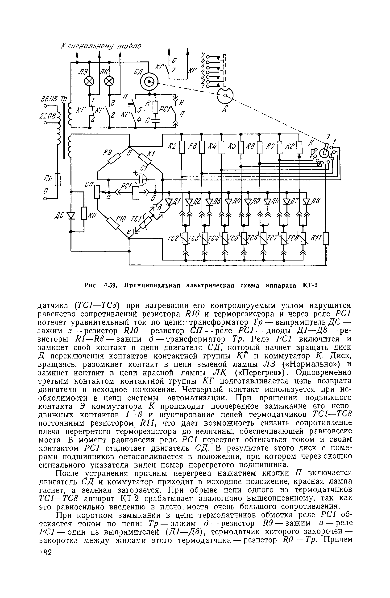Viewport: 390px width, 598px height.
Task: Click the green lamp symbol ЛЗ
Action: pyautogui.click(x=89, y=81)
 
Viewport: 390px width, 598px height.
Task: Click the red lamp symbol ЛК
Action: pyautogui.click(x=109, y=81)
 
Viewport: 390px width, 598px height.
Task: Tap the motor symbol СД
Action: pyautogui.click(x=149, y=82)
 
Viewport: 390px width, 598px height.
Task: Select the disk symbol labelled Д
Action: pyautogui.click(x=225, y=95)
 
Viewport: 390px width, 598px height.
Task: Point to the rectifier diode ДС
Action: pyautogui.click(x=71, y=216)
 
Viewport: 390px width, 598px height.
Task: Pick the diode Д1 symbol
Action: pyautogui.click(x=169, y=202)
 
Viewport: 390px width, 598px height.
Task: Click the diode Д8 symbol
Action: pyautogui.click(x=307, y=202)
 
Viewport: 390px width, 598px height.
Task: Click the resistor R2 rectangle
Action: pyautogui.click(x=182, y=148)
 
